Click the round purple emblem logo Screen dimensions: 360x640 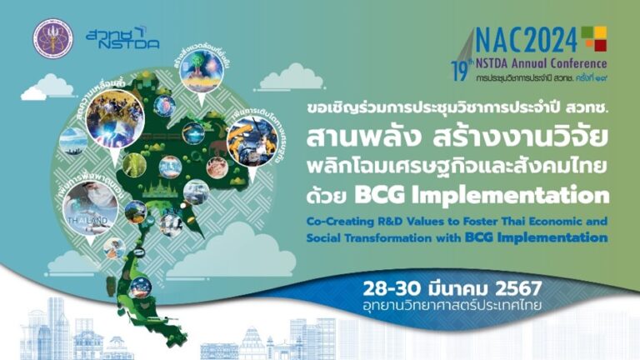pos(52,38)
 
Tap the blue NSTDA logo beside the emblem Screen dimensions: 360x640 pos(122,37)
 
